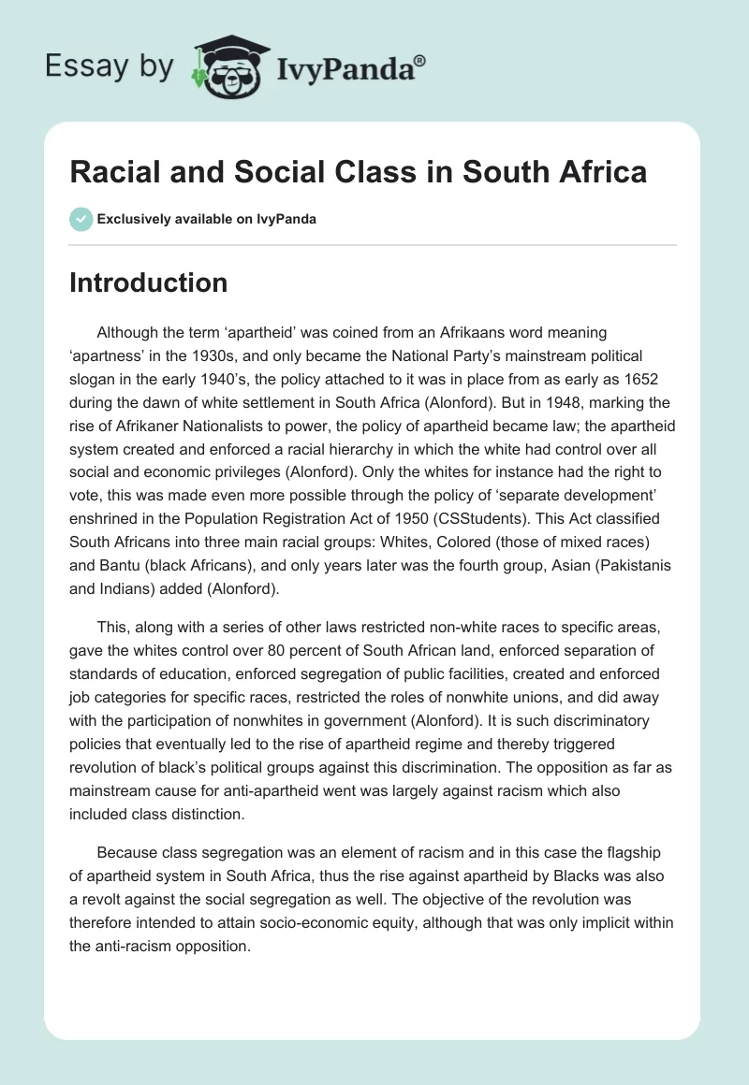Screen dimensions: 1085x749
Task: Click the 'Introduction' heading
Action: click(148, 282)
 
